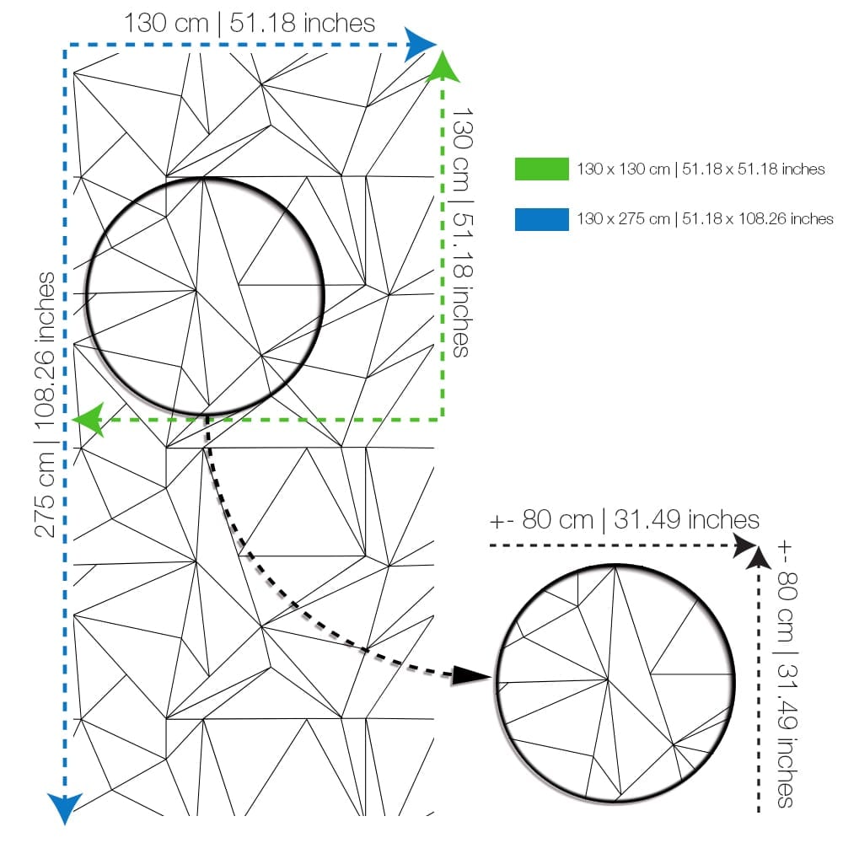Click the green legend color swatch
[541, 169]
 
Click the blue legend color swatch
[541, 219]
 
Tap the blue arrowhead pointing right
[421, 45]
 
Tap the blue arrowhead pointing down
[65, 808]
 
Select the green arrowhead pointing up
[443, 67]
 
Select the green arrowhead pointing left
[89, 419]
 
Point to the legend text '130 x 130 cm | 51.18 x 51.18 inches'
[701, 169]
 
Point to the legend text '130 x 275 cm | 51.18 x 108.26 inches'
[705, 219]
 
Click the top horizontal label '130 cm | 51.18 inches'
[250, 23]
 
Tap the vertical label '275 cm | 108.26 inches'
[45, 405]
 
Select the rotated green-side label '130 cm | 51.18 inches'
[462, 233]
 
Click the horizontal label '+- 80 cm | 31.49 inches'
[624, 520]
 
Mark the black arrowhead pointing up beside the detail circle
[759, 557]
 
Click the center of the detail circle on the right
[615, 683]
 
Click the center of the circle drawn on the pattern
[206, 296]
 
